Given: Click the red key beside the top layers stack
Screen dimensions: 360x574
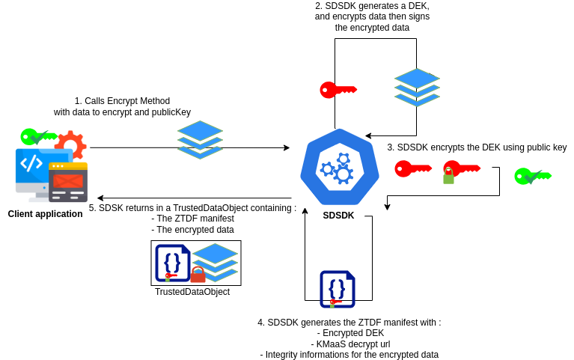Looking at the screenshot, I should [x=338, y=90].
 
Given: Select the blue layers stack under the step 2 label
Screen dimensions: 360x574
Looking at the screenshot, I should [x=417, y=87].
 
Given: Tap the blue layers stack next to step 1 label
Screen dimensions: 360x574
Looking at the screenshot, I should [x=200, y=139].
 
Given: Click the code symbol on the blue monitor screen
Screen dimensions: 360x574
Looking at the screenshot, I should [x=31, y=163].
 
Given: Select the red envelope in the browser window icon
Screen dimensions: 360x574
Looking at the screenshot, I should [x=68, y=181].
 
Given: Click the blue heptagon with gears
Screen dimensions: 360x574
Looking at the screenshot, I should [x=340, y=167].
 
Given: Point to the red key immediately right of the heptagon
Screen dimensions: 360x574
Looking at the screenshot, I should [x=412, y=168].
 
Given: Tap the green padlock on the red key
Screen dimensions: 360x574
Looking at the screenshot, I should [x=448, y=177].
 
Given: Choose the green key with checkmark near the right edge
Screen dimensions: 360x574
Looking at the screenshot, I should [x=532, y=176].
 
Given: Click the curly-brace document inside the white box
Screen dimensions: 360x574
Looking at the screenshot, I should [x=172, y=263].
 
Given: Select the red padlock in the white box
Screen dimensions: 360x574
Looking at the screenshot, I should [x=198, y=275].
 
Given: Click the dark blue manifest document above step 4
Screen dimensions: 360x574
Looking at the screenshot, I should [x=337, y=289].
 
